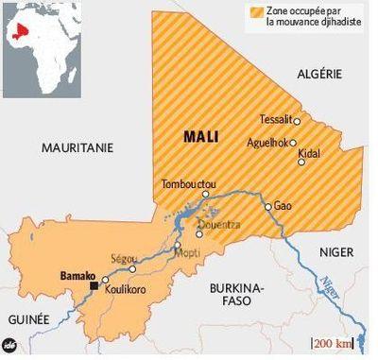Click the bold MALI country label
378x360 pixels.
pyautogui.click(x=199, y=137)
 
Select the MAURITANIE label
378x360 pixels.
pyautogui.click(x=77, y=147)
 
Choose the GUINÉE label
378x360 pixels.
pyautogui.click(x=28, y=321)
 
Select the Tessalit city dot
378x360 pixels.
pyautogui.click(x=298, y=121)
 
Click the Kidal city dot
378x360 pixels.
pyautogui.click(x=301, y=162)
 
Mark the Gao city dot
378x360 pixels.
pyautogui.click(x=267, y=206)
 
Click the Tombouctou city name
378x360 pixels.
pyautogui.click(x=189, y=183)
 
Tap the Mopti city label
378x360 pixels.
pyautogui.click(x=187, y=254)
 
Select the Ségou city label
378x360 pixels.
pyautogui.click(x=125, y=257)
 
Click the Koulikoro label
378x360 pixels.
pyautogui.click(x=125, y=290)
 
